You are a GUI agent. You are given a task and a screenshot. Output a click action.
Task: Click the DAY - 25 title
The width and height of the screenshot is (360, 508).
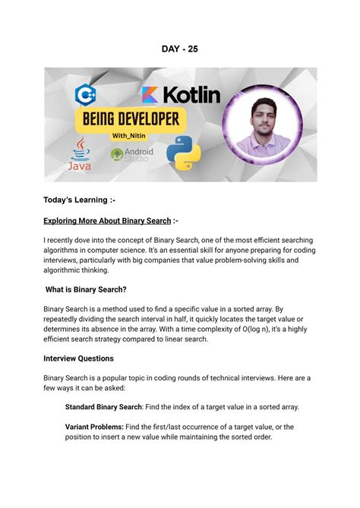pyautogui.click(x=179, y=49)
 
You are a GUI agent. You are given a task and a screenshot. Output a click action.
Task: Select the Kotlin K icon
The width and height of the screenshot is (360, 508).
pyautogui.click(x=150, y=96)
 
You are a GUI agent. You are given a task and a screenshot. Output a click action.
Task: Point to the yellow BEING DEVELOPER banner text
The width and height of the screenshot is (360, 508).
pyautogui.click(x=128, y=118)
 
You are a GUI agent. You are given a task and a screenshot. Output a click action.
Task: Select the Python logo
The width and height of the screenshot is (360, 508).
pyautogui.click(x=183, y=153)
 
